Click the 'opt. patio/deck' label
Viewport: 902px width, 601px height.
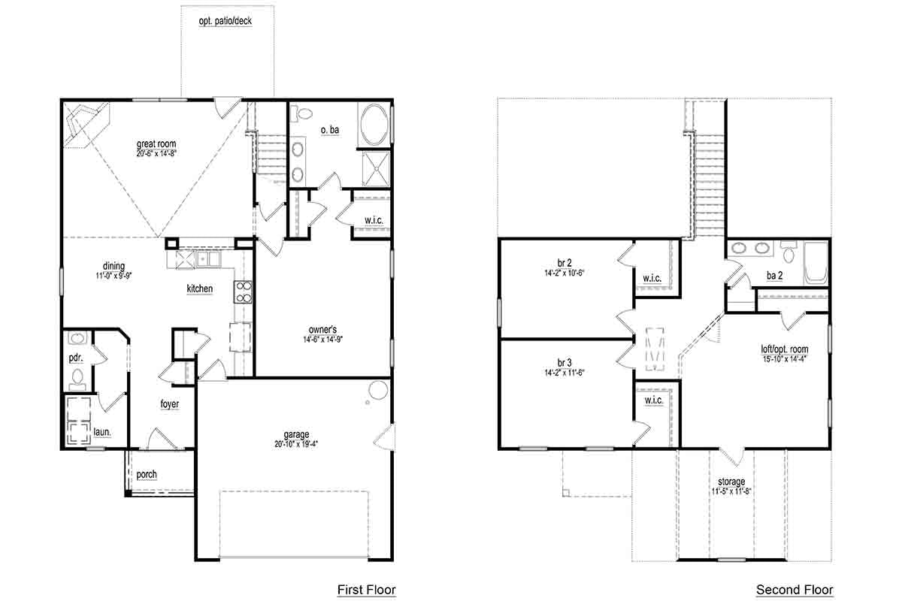[225, 20]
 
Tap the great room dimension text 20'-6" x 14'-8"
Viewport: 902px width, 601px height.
[156, 153]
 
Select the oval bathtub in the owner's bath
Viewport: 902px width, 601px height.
[374, 125]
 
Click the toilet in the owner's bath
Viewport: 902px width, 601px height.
[301, 113]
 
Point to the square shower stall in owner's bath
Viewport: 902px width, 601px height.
[376, 169]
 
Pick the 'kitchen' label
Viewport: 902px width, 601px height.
[200, 288]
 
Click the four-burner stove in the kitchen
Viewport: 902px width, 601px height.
[244, 291]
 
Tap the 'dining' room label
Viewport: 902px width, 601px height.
[114, 266]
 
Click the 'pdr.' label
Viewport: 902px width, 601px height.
[76, 358]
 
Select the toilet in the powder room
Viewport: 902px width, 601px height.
[77, 379]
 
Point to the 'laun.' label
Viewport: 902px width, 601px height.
[102, 432]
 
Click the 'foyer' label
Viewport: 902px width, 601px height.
[170, 404]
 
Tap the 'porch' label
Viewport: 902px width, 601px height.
[147, 475]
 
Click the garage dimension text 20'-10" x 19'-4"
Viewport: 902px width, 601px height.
[296, 444]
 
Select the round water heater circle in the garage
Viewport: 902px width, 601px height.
[378, 390]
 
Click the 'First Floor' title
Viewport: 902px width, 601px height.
[367, 590]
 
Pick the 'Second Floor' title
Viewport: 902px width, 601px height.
[795, 590]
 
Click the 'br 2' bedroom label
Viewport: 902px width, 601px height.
[565, 263]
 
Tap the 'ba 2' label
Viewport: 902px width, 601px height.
[775, 276]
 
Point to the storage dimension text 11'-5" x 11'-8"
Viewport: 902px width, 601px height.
[731, 491]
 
